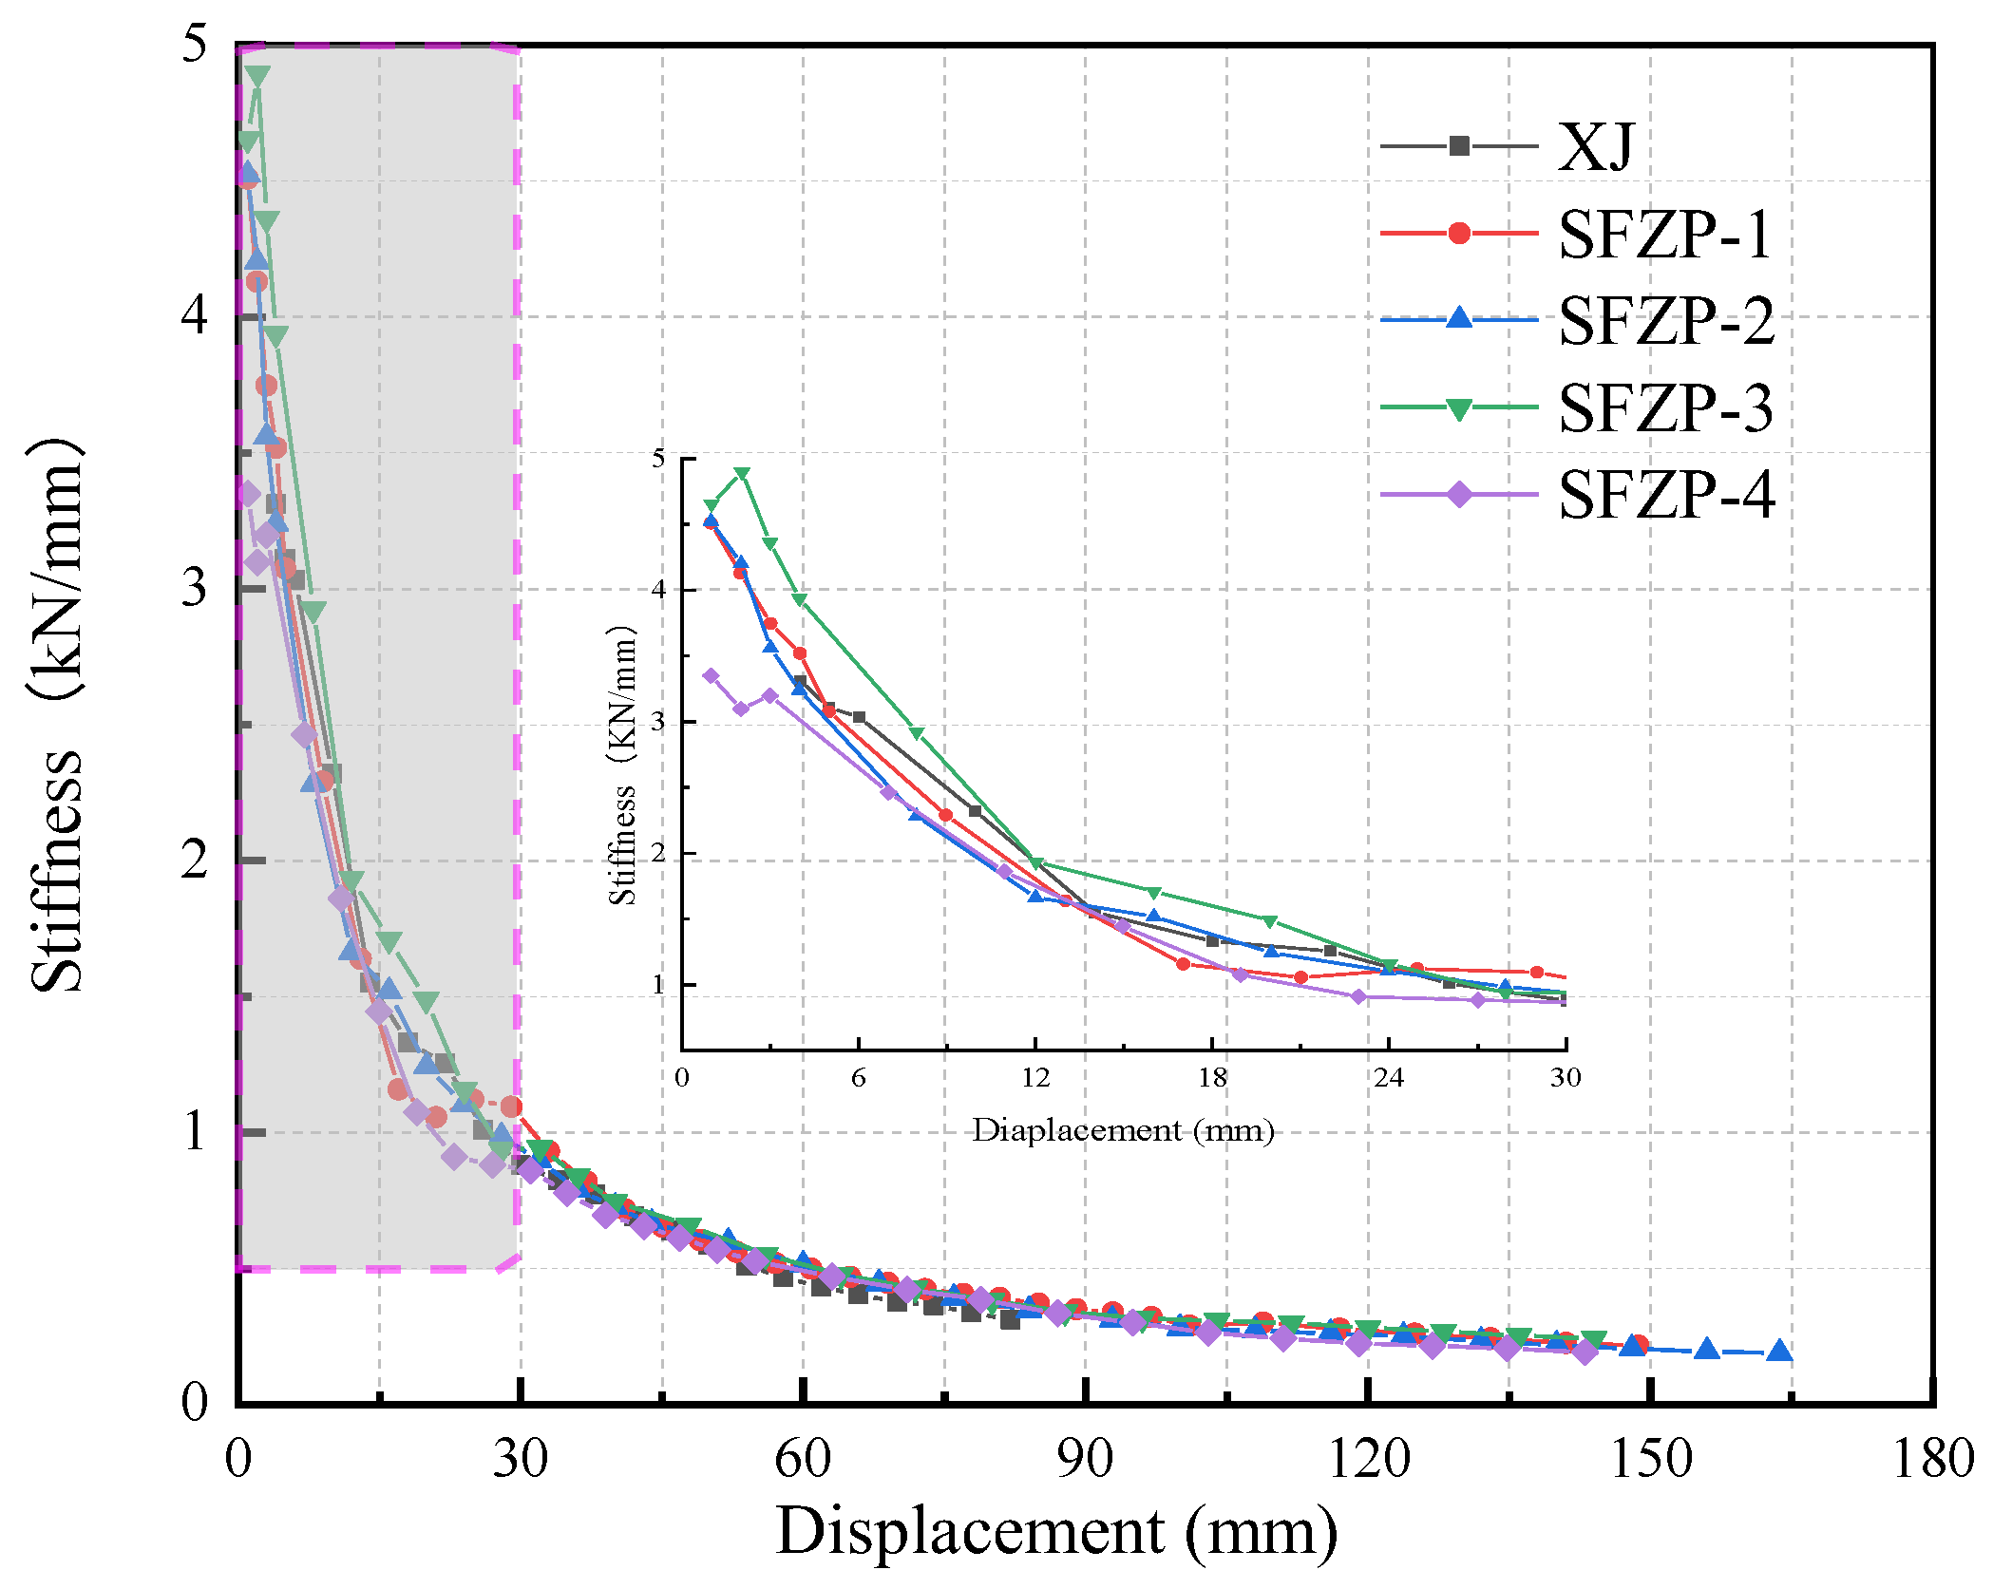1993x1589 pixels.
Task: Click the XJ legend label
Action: click(x=1596, y=147)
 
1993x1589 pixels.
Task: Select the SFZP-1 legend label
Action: click(x=1665, y=234)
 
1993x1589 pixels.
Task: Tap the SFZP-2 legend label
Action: click(x=1666, y=321)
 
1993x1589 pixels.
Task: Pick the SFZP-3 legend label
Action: click(x=1665, y=408)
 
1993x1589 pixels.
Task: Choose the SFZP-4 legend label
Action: click(x=1666, y=495)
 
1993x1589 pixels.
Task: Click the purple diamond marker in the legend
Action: click(x=1459, y=494)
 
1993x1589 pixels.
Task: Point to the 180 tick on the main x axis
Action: click(x=1933, y=1458)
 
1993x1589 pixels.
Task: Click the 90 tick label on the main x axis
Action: click(x=1085, y=1458)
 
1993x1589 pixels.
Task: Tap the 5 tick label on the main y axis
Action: click(x=194, y=44)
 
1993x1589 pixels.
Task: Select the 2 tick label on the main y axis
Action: click(x=194, y=860)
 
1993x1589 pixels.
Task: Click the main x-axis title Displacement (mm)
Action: click(x=1056, y=1531)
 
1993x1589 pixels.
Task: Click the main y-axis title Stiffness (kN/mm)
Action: click(x=57, y=717)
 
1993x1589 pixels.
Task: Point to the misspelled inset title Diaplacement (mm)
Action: click(x=1123, y=1130)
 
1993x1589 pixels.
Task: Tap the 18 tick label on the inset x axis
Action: click(x=1212, y=1077)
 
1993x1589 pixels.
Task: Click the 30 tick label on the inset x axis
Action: click(x=1566, y=1077)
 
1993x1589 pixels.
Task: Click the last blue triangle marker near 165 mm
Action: click(x=1779, y=1351)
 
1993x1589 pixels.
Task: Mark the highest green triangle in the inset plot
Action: click(x=742, y=473)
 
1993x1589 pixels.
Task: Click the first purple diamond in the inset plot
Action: click(x=711, y=676)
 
